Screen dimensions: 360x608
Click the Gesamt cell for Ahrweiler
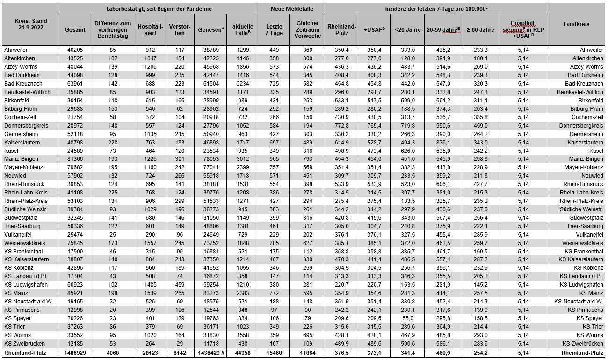point(75,50)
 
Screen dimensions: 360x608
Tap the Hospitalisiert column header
point(150,30)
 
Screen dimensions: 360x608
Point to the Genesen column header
point(210,30)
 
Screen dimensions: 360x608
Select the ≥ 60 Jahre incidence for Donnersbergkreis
point(480,126)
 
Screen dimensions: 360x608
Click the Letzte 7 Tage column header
point(274,30)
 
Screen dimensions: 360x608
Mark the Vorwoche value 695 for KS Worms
point(307,335)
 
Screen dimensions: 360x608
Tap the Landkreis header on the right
point(576,24)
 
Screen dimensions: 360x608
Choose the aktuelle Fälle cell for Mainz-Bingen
point(242,159)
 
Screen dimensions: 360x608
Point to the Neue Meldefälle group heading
point(291,8)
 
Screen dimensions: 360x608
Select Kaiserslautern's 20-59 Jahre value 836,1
point(442,142)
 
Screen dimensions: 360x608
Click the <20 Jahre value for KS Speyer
point(407,318)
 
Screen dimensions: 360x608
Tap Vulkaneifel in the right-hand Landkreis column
point(588,235)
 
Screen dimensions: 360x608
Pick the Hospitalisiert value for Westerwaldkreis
point(150,243)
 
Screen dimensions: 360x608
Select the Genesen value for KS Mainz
point(210,293)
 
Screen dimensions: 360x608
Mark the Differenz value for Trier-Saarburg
point(112,226)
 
